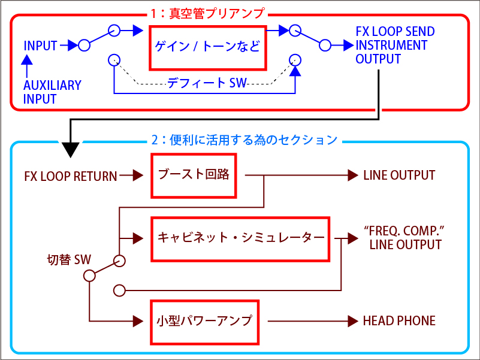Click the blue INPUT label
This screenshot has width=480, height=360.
[40, 46]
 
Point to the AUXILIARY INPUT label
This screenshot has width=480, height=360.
[52, 92]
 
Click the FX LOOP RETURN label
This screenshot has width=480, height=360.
[71, 176]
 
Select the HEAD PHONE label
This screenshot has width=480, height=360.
[399, 321]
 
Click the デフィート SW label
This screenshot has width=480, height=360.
[207, 83]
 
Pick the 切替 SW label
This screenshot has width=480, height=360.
[69, 260]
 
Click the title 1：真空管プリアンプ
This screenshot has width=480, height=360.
[207, 13]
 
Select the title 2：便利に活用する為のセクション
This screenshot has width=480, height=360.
[244, 140]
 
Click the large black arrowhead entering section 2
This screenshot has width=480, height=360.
[70, 150]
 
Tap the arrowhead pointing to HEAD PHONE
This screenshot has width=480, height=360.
[353, 321]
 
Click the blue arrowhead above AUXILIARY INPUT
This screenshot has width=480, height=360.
[27, 59]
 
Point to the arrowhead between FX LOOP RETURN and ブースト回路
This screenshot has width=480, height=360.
[138, 176]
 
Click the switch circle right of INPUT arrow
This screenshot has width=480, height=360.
[84, 46]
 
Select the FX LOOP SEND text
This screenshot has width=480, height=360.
[395, 32]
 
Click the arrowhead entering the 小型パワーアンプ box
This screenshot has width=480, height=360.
[138, 321]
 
